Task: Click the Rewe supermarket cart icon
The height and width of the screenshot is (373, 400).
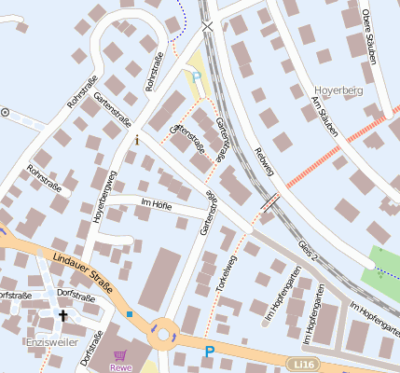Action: click(x=119, y=355)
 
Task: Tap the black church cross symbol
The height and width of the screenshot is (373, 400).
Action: click(x=63, y=315)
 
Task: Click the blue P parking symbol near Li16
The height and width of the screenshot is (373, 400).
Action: click(x=209, y=352)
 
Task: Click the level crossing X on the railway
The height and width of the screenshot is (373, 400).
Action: click(x=207, y=27)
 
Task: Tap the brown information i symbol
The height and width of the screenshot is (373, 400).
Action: click(x=137, y=140)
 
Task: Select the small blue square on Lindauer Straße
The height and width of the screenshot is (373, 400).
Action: click(x=129, y=314)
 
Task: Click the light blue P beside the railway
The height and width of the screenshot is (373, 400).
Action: click(x=196, y=76)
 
